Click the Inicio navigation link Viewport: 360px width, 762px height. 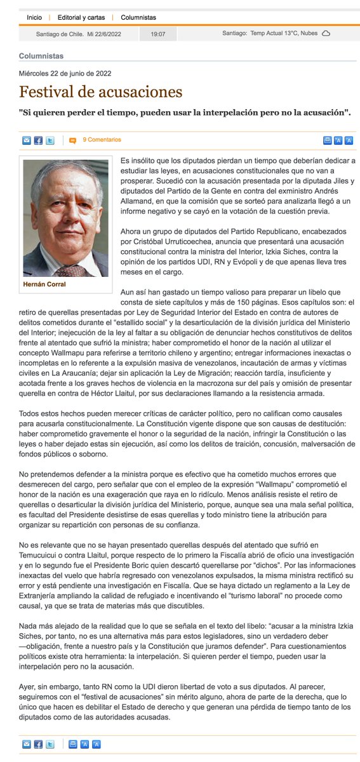click(35, 18)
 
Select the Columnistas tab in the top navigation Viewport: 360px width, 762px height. click(139, 18)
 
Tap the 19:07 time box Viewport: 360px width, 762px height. click(158, 33)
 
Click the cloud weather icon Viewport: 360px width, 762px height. click(326, 33)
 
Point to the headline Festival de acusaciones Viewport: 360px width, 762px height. click(100, 92)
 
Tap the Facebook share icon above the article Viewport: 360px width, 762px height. click(38, 140)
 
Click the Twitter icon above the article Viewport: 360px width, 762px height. click(50, 140)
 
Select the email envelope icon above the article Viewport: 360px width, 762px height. click(27, 140)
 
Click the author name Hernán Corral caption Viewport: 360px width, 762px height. click(44, 284)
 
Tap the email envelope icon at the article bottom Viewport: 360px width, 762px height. click(27, 744)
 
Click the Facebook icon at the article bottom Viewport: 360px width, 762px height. click(38, 744)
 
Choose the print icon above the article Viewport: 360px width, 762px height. click(327, 140)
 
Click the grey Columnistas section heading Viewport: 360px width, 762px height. click(41, 56)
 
